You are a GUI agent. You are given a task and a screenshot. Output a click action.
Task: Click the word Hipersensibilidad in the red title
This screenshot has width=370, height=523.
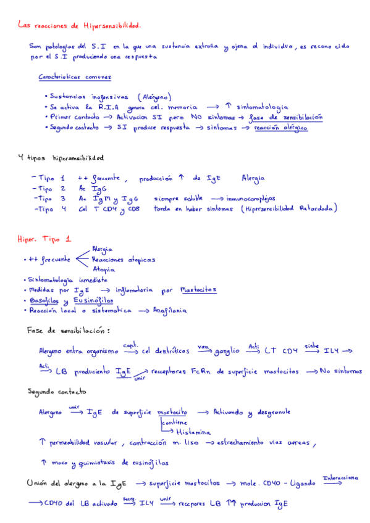click(111, 26)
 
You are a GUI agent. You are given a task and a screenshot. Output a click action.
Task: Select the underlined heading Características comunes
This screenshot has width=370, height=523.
click(75, 78)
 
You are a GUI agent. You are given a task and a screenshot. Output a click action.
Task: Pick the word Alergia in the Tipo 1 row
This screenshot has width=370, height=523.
click(253, 178)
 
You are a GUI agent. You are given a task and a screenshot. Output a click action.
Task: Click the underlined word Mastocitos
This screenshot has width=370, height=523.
click(198, 290)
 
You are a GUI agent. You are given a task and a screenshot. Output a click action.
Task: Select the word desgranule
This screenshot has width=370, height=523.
click(269, 411)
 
